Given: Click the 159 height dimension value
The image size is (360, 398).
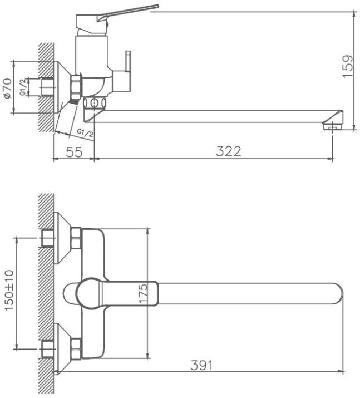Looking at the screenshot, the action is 348,66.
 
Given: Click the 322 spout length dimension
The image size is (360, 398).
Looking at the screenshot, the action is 229,151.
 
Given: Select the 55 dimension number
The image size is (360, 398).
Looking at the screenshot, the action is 75,152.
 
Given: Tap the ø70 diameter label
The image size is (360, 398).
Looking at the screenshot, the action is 7,88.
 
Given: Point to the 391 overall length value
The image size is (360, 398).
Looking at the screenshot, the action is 201,366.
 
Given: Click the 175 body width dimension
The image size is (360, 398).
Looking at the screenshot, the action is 144,293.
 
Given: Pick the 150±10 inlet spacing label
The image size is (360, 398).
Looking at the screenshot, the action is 9,290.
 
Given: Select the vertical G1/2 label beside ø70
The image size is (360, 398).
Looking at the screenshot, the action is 23,87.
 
